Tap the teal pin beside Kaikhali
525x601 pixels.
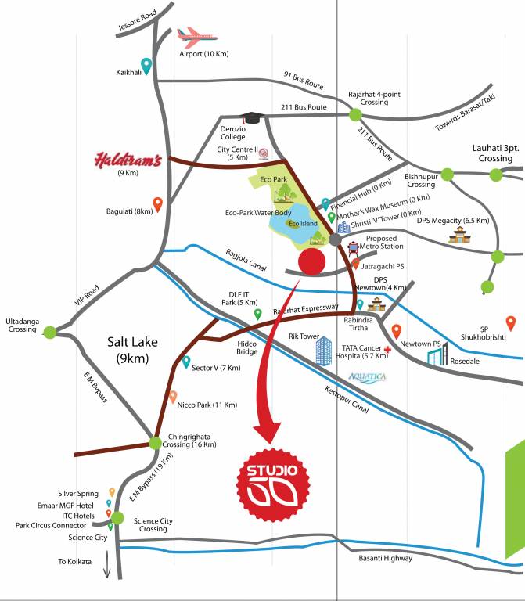click(x=146, y=66)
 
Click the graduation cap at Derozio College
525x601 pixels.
click(x=251, y=117)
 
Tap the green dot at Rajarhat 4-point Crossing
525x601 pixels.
click(x=355, y=114)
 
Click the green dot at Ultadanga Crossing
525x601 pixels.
click(x=50, y=332)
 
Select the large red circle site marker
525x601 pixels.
click(x=312, y=262)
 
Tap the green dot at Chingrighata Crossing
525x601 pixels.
click(x=154, y=444)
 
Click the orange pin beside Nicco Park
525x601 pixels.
click(x=174, y=396)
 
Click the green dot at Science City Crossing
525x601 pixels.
click(x=117, y=517)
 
